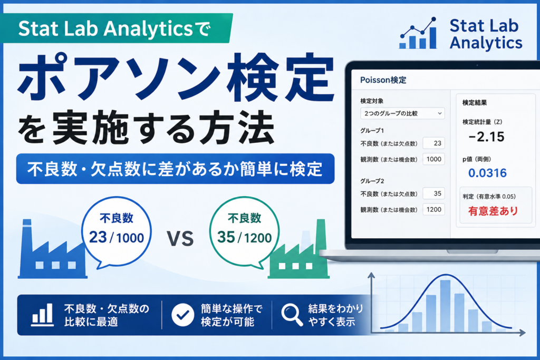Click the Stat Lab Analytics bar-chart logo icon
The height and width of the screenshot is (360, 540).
418,33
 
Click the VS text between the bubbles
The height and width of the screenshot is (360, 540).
180,239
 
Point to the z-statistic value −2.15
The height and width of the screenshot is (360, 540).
486,137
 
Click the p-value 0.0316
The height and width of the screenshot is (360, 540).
487,173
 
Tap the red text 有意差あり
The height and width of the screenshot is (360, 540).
493,211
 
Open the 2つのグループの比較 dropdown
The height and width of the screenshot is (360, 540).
402,113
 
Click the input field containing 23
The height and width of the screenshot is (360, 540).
433,143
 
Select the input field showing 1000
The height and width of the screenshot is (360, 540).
433,159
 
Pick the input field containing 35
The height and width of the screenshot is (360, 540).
433,193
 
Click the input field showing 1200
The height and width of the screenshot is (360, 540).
433,209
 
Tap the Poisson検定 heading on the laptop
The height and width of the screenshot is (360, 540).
383,80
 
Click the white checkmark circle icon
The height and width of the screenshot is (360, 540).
182,315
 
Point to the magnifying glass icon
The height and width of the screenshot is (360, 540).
292,315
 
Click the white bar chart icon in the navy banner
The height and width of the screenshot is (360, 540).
42,315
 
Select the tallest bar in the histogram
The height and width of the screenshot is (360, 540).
445,306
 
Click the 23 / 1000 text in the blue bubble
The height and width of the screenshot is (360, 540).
117,238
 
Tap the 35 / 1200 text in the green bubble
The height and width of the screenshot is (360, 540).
244,238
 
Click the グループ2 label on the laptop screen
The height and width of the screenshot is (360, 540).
372,181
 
